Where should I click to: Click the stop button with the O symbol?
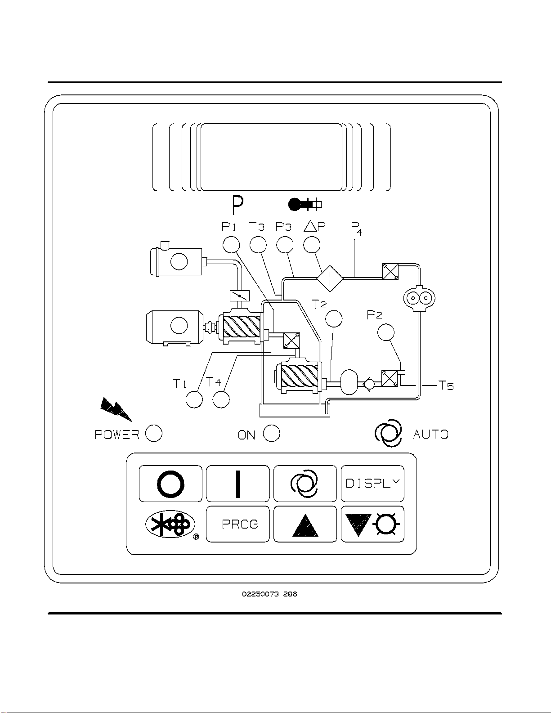click(x=170, y=484)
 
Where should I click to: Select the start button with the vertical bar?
click(x=238, y=484)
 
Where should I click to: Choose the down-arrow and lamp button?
click(x=372, y=525)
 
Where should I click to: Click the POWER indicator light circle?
click(x=154, y=433)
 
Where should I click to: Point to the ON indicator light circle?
click(x=272, y=433)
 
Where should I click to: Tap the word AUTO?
click(x=431, y=435)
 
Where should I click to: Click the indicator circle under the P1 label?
click(x=231, y=245)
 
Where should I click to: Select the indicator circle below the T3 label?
click(x=258, y=245)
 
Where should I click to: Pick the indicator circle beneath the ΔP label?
click(x=312, y=245)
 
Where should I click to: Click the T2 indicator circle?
click(x=333, y=318)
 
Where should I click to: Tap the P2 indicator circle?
click(x=385, y=332)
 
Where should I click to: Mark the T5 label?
click(x=446, y=386)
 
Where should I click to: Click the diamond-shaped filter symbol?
click(x=330, y=278)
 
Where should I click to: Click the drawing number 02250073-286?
click(x=269, y=594)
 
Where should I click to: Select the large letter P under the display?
click(x=237, y=206)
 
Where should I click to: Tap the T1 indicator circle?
click(x=194, y=399)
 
